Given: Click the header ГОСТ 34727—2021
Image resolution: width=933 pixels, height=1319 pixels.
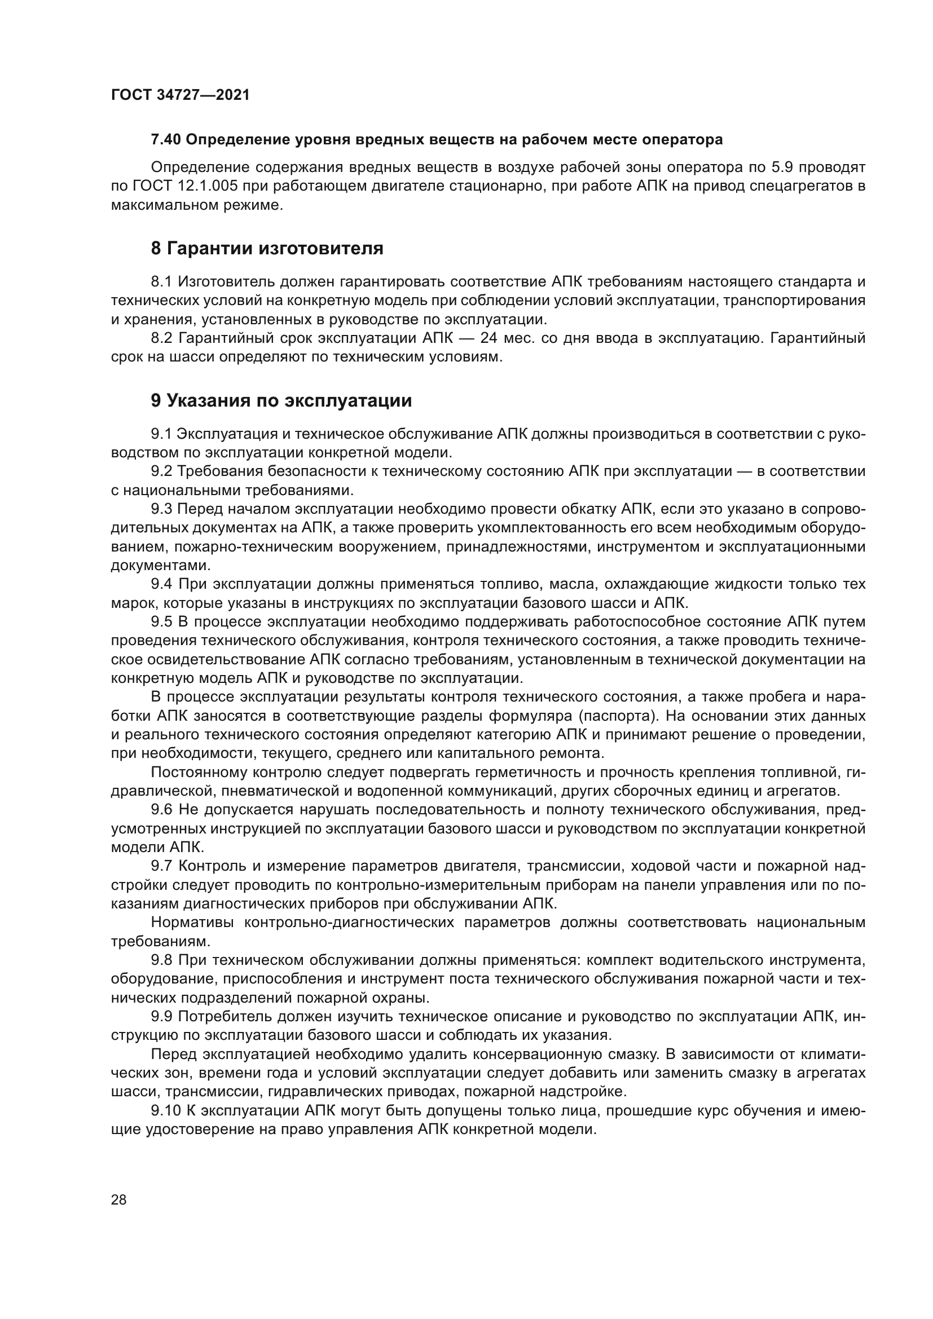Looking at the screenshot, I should (x=181, y=95).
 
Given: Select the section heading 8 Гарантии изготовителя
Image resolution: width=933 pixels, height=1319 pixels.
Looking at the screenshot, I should (x=267, y=248).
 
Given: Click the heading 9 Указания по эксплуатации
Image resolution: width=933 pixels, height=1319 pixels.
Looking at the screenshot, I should (x=281, y=400).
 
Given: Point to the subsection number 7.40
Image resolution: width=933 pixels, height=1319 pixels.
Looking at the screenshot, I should (x=166, y=140).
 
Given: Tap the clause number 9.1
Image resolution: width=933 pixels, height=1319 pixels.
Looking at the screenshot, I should (x=161, y=433).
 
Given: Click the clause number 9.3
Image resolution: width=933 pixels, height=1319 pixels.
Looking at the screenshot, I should (x=161, y=509).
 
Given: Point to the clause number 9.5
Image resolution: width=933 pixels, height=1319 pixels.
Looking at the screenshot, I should (x=161, y=621).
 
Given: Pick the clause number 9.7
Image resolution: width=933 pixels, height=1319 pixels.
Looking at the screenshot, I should (x=161, y=866).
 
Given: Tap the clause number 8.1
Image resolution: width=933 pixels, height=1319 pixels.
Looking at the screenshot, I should (x=161, y=281).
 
